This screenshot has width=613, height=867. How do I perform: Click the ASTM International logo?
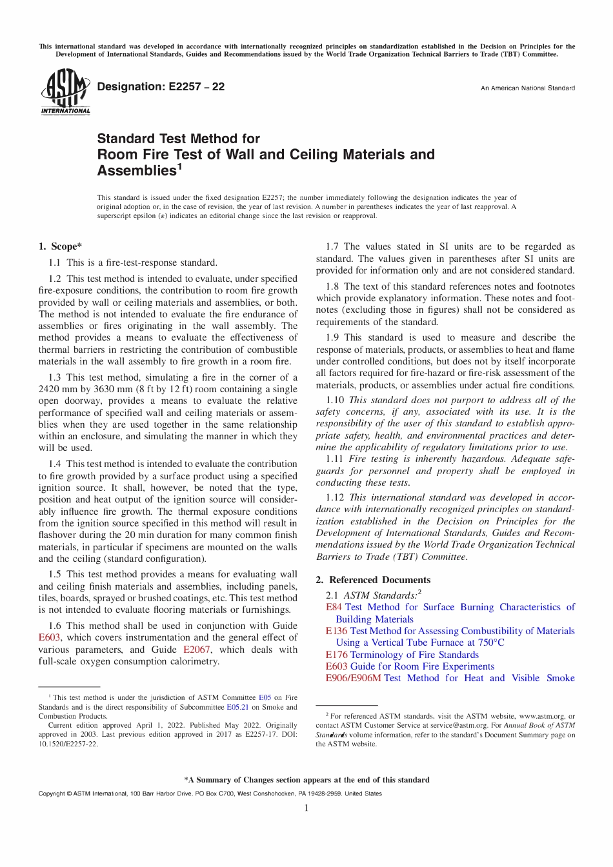(65, 92)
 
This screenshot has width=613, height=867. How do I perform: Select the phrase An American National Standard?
(527, 88)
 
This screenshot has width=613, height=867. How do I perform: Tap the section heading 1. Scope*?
(60, 246)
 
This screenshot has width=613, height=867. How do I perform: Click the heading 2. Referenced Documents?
(373, 580)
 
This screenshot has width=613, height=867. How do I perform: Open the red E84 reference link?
(334, 607)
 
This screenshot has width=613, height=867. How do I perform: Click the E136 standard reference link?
(336, 631)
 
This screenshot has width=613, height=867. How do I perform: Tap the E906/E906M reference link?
(353, 678)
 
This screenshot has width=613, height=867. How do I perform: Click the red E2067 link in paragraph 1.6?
(196, 650)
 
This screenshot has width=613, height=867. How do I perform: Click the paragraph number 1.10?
(334, 400)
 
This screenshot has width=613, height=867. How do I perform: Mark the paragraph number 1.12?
(334, 497)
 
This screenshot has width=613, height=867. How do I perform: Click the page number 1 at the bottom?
(306, 808)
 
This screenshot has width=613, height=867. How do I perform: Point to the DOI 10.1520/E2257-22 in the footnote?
(68, 743)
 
